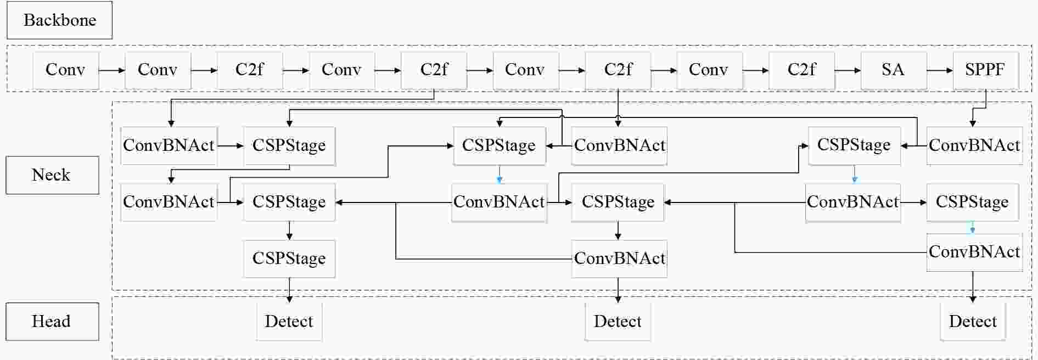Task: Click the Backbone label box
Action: (x=59, y=20)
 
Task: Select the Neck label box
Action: (x=52, y=175)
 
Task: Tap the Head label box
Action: (x=52, y=322)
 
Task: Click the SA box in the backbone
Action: (x=894, y=70)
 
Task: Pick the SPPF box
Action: (x=986, y=70)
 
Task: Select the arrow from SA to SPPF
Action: (x=940, y=70)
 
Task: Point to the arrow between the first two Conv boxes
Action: (x=112, y=70)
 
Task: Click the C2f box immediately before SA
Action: (x=802, y=70)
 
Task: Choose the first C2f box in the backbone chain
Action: (x=250, y=70)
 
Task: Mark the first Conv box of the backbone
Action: (x=66, y=70)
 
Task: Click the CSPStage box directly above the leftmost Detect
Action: (x=289, y=258)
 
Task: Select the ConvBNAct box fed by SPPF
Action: (x=974, y=145)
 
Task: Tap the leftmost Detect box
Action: (x=289, y=322)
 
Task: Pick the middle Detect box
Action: (x=618, y=322)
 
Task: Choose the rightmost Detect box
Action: (x=973, y=322)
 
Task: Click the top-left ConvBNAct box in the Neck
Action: (x=169, y=145)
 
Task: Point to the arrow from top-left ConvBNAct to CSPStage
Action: (x=231, y=145)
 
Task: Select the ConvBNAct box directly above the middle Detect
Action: (x=619, y=258)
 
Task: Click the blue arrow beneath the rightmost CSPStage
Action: (x=973, y=227)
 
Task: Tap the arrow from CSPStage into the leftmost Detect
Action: (x=289, y=290)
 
